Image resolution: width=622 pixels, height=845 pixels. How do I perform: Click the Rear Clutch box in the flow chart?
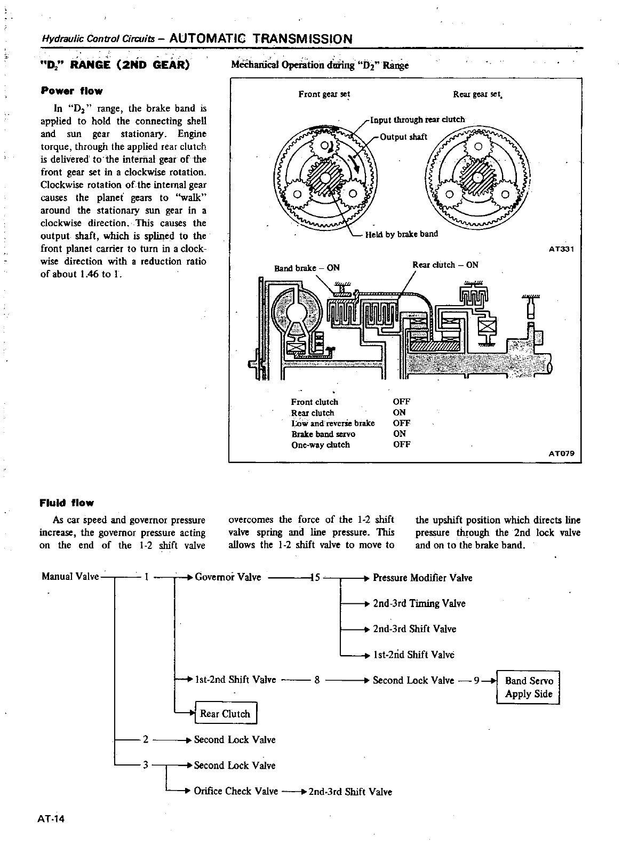pyautogui.click(x=226, y=714)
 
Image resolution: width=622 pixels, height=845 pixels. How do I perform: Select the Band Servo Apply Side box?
pyautogui.click(x=528, y=687)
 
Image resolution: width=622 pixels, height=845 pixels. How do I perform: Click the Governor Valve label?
pyautogui.click(x=228, y=577)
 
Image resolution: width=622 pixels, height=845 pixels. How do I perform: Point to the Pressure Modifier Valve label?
pyautogui.click(x=422, y=578)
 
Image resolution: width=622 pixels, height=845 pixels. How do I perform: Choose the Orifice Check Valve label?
pyautogui.click(x=236, y=791)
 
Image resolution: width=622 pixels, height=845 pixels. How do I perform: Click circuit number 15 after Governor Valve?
pyautogui.click(x=314, y=577)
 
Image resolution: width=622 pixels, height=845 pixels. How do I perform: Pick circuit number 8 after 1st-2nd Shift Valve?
pyautogui.click(x=317, y=680)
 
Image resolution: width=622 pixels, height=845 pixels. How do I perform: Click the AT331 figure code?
pyautogui.click(x=561, y=249)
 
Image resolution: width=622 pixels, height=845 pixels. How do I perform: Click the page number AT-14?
pyautogui.click(x=51, y=819)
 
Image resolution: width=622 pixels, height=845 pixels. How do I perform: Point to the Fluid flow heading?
pyautogui.click(x=67, y=503)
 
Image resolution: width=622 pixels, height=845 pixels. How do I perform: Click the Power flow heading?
pyautogui.click(x=71, y=91)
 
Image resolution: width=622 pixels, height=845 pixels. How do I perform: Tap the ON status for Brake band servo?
pyautogui.click(x=400, y=434)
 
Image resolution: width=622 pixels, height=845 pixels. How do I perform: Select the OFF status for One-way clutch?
pyautogui.click(x=401, y=444)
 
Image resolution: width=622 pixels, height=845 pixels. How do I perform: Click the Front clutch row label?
pyautogui.click(x=315, y=402)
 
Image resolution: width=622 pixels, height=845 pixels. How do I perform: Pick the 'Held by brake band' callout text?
pyautogui.click(x=401, y=234)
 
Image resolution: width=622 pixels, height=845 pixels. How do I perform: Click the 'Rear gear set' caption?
pyautogui.click(x=477, y=94)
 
